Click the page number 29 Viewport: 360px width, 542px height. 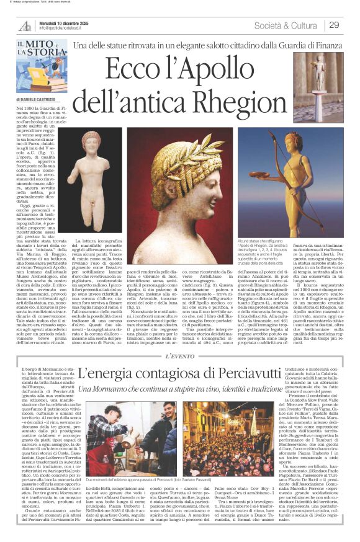tap(334, 25)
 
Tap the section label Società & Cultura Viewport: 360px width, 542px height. tap(287, 25)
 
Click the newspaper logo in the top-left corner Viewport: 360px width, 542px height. tap(25, 25)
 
